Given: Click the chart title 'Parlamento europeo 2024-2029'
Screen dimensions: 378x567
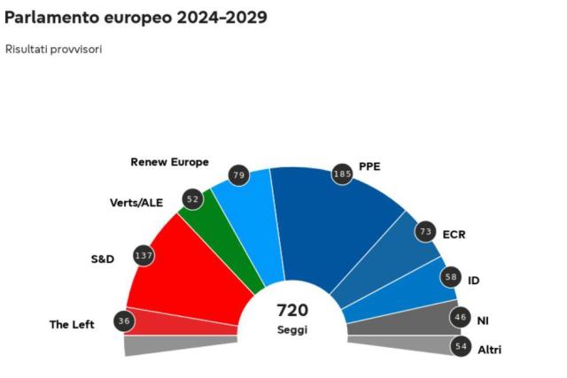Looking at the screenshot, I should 136,18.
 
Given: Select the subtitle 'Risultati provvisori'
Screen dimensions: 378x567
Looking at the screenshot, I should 53,49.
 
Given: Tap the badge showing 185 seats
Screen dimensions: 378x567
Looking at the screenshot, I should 342,174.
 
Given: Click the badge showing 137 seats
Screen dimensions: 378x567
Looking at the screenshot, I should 142,255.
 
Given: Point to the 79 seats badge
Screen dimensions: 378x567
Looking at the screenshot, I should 237,174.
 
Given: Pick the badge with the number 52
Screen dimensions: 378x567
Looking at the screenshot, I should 193,199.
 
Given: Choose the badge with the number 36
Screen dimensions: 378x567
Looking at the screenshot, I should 124,320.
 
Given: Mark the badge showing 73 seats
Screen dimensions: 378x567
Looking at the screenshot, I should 425,231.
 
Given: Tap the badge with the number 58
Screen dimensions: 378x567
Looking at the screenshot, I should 452,278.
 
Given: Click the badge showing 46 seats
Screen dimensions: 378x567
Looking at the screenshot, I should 460,316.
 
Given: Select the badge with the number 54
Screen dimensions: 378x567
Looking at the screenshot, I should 461,346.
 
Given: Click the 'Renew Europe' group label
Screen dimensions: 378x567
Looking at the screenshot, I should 169,162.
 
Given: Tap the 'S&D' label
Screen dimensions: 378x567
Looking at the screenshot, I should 103,259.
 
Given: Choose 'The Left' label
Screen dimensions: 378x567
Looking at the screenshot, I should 72,325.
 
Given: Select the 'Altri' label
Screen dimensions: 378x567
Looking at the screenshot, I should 489,351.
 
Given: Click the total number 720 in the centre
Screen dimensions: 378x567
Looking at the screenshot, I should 292,310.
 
